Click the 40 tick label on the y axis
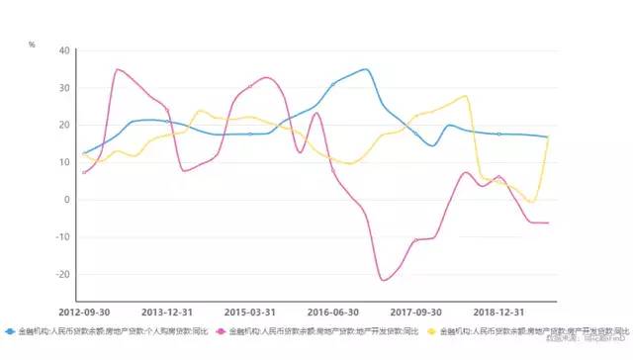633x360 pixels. [x=64, y=50]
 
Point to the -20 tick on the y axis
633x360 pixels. [x=62, y=274]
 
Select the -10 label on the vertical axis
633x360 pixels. [x=62, y=237]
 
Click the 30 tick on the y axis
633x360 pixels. [x=64, y=88]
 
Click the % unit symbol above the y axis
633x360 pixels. [x=32, y=45]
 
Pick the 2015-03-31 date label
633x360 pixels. [x=249, y=310]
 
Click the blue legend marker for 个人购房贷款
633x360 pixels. [x=10, y=331]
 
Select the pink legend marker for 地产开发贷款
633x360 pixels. [x=223, y=331]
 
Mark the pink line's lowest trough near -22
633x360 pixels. [x=384, y=281]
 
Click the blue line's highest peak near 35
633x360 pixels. [x=366, y=69]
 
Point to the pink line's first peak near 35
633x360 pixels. [x=118, y=69]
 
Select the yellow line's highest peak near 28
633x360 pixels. [x=465, y=96]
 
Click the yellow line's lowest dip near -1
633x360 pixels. [x=532, y=203]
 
